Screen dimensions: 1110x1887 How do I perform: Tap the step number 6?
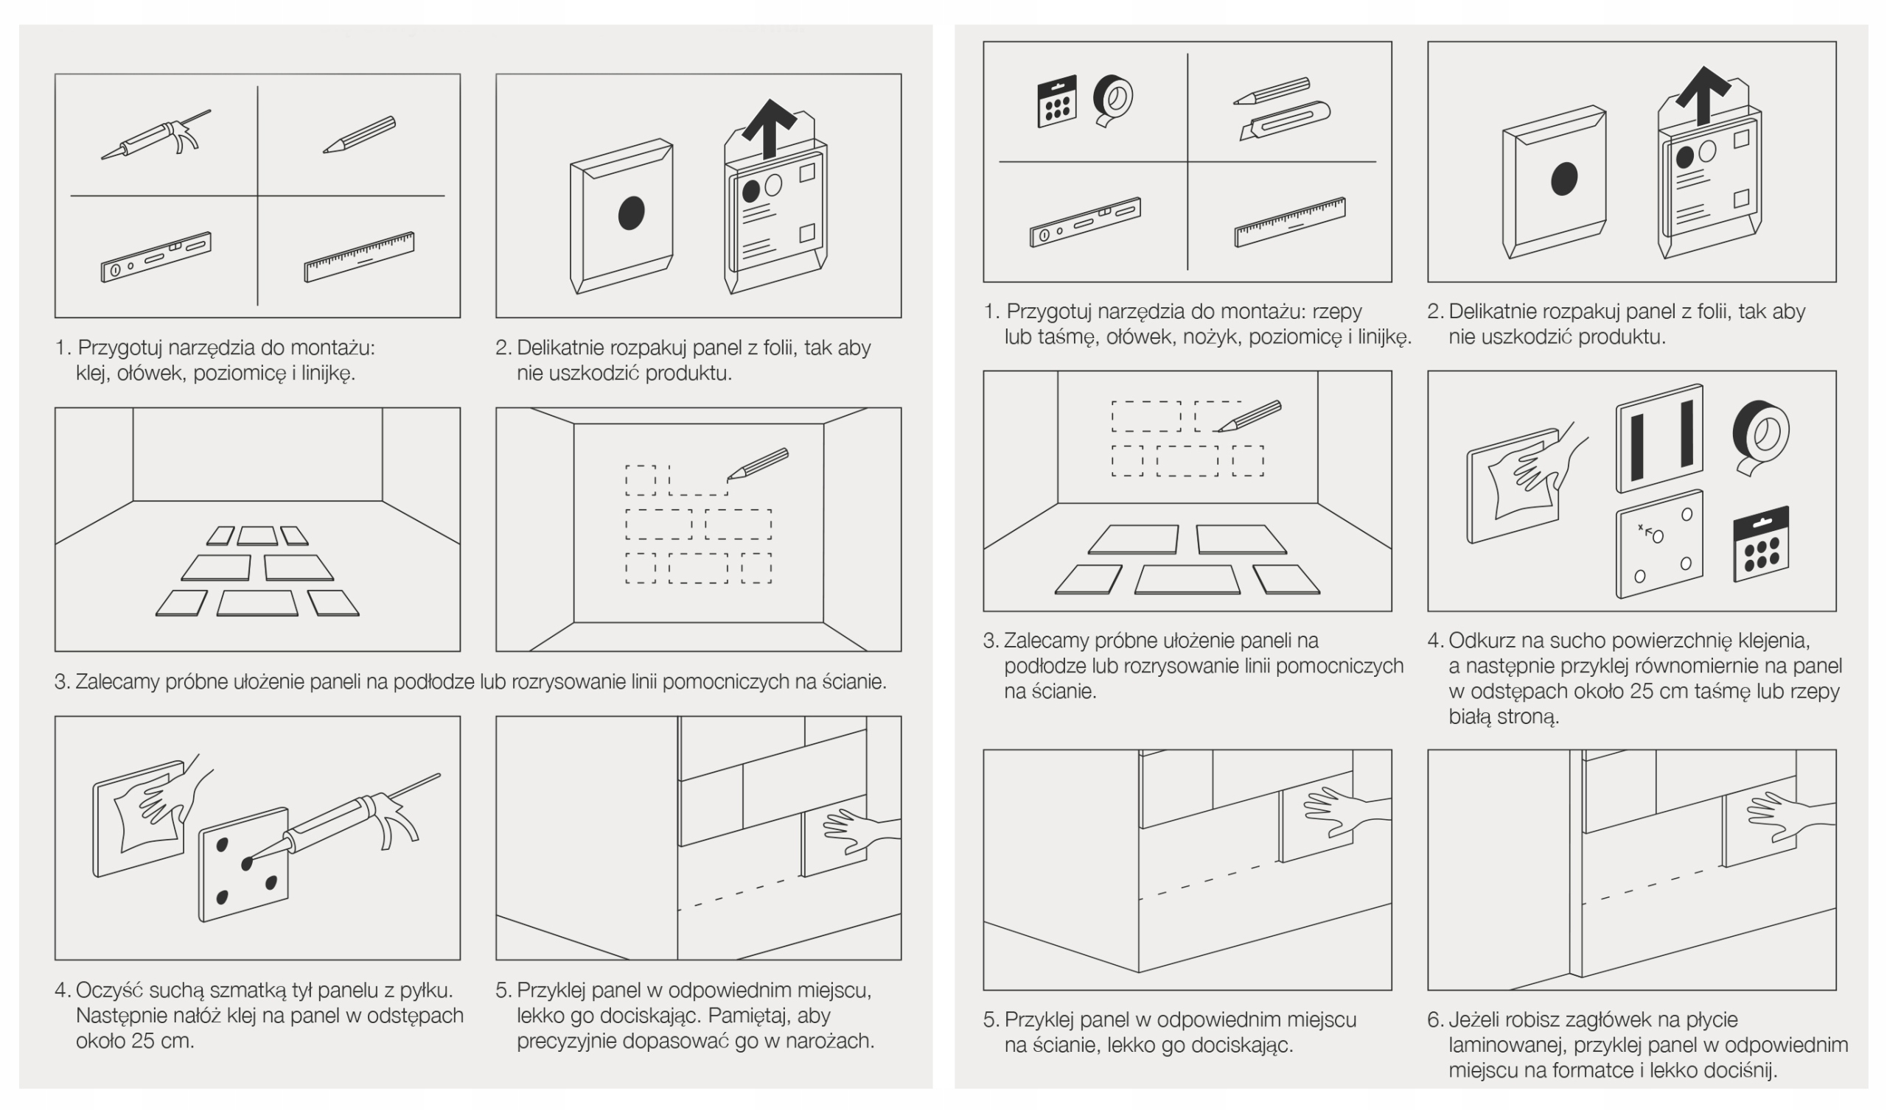pyautogui.click(x=1434, y=1019)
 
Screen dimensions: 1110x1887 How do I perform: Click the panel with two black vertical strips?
pyautogui.click(x=1659, y=438)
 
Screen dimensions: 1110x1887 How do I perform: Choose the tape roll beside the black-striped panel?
pyautogui.click(x=1759, y=438)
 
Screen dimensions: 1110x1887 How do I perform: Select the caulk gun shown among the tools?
pyautogui.click(x=156, y=136)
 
